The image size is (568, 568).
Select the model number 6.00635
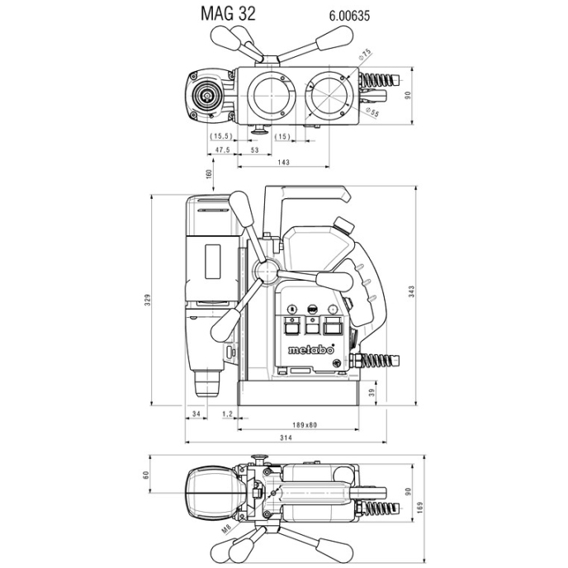point(337,15)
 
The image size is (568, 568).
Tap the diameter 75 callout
point(365,55)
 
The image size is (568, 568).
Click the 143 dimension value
point(283,163)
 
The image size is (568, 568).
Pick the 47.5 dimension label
point(221,149)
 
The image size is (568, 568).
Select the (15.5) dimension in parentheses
point(220,135)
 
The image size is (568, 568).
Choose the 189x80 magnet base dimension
point(303,424)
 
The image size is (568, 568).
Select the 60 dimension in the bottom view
point(146,475)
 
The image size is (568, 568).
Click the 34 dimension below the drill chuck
point(196,412)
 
